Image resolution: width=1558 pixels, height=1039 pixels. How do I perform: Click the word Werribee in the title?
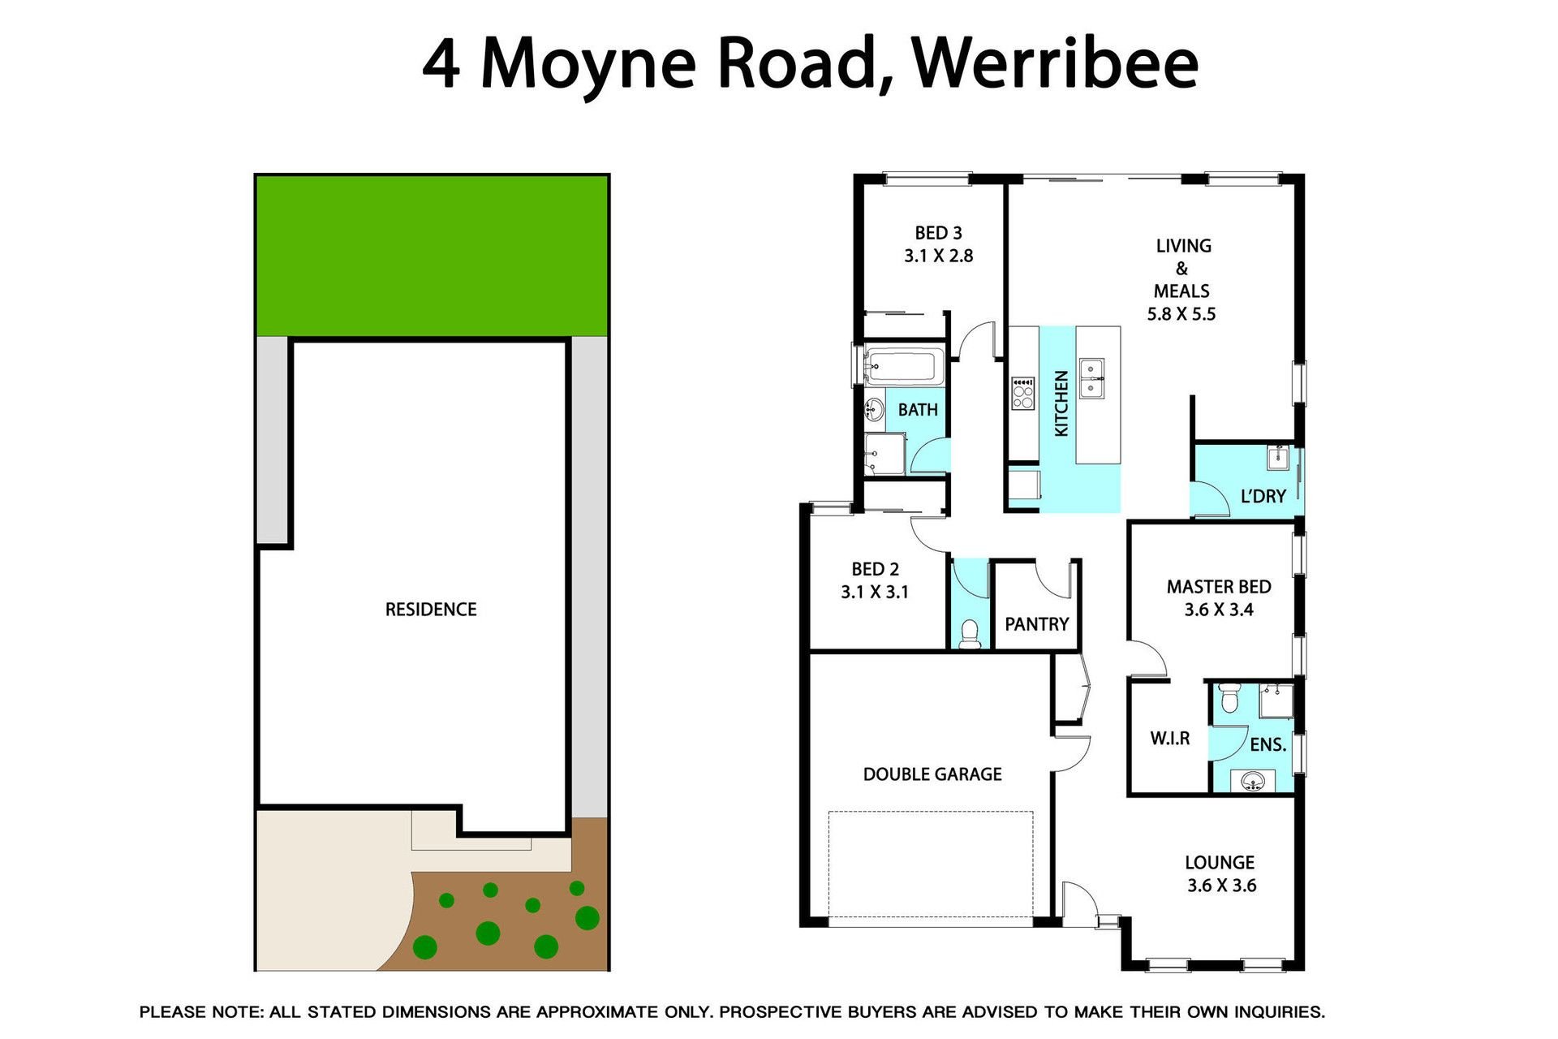tap(1055, 63)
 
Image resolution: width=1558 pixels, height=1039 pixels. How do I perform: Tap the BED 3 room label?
tap(938, 233)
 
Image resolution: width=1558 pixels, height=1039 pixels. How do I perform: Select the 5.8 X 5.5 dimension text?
tap(1181, 314)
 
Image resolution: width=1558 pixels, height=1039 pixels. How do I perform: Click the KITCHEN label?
tap(1061, 403)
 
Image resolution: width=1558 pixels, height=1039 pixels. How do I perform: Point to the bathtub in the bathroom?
tap(904, 366)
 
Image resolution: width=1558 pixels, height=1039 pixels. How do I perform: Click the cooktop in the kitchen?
tap(1023, 394)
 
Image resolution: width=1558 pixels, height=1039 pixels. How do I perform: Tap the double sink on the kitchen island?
tap(1091, 378)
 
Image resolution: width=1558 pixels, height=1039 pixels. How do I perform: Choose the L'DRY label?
tap(1263, 496)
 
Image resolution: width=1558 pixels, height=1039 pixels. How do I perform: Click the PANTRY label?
tap(1036, 624)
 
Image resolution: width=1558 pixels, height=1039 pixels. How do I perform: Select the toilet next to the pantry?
tap(970, 634)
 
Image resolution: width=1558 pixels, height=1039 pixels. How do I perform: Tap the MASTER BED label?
tap(1219, 587)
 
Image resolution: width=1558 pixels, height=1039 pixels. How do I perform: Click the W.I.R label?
tap(1170, 739)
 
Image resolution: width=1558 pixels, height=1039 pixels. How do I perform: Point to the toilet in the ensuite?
tap(1229, 697)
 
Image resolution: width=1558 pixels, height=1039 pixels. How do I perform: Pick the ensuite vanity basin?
tap(1253, 782)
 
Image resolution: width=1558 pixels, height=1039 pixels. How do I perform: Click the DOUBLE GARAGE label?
tap(932, 774)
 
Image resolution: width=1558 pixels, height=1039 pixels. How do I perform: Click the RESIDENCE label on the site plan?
tap(431, 610)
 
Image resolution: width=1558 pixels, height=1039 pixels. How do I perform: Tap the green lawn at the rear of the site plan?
tap(432, 256)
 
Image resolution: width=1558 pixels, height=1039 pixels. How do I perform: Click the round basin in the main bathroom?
tap(875, 411)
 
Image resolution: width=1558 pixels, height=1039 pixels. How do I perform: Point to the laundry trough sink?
tap(1278, 458)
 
